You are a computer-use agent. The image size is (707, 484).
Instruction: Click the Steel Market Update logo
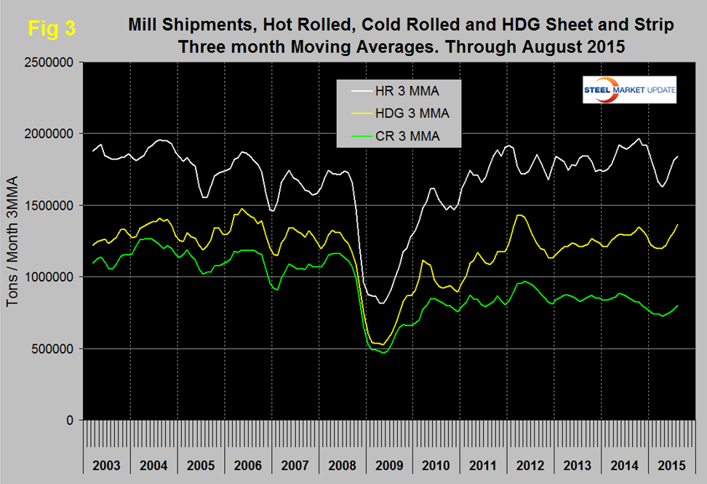629,90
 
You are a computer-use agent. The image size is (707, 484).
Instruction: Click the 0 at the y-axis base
73,420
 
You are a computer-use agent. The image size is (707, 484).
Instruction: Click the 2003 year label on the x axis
106,464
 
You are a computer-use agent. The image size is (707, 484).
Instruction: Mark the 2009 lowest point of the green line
383,352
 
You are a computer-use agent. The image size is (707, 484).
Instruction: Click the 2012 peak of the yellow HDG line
519,215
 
